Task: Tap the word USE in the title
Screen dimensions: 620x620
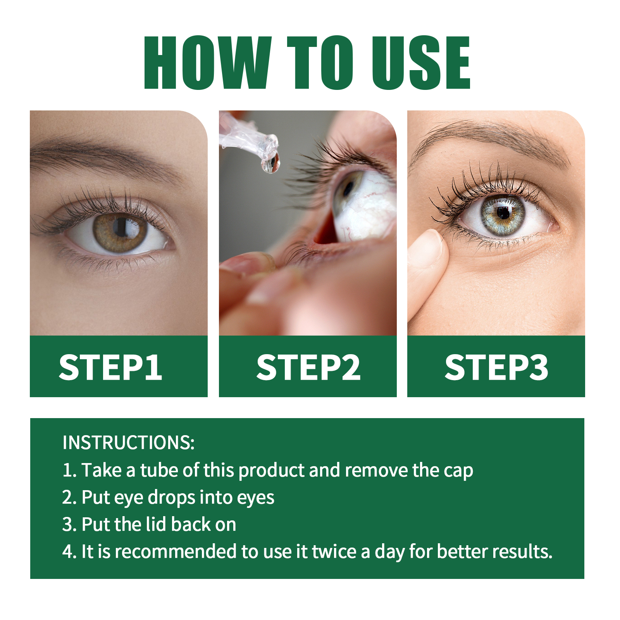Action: (x=421, y=63)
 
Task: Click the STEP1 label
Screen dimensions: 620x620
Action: (x=110, y=367)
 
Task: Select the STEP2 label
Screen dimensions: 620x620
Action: (x=308, y=367)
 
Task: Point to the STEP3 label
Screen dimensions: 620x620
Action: (x=496, y=367)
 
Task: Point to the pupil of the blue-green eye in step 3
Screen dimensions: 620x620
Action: (x=503, y=213)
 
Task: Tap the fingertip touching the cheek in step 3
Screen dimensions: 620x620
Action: (x=428, y=248)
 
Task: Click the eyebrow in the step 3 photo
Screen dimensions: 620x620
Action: (x=492, y=134)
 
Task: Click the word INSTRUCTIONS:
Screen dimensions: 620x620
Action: (x=128, y=443)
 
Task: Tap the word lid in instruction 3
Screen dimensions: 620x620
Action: (x=156, y=525)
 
